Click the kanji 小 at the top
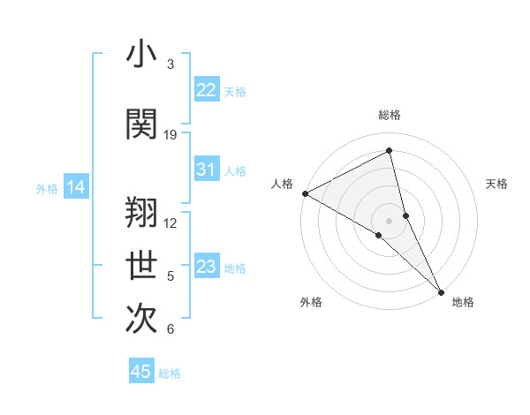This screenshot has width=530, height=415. pyautogui.click(x=141, y=56)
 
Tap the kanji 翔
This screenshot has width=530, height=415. pyautogui.click(x=141, y=212)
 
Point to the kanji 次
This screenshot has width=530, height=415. pyautogui.click(x=141, y=320)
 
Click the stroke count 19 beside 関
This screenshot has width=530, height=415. pyautogui.click(x=170, y=135)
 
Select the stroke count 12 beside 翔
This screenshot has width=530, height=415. pyautogui.click(x=170, y=223)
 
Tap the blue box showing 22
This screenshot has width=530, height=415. pyautogui.click(x=206, y=90)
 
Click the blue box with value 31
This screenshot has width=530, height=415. pyautogui.click(x=206, y=170)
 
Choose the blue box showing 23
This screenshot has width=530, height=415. pyautogui.click(x=206, y=267)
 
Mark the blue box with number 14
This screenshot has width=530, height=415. pyautogui.click(x=76, y=187)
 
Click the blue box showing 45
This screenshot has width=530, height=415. pyautogui.click(x=141, y=372)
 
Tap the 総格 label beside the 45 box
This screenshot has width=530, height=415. pyautogui.click(x=170, y=373)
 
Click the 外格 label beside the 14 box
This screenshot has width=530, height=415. pyautogui.click(x=47, y=188)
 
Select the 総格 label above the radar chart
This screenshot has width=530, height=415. pyautogui.click(x=390, y=115)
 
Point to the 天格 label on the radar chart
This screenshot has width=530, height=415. pyautogui.click(x=497, y=184)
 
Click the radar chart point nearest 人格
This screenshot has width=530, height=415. pyautogui.click(x=305, y=193)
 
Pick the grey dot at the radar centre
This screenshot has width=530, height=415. pyautogui.click(x=389, y=220)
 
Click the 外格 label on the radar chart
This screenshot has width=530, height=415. pyautogui.click(x=311, y=302)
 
